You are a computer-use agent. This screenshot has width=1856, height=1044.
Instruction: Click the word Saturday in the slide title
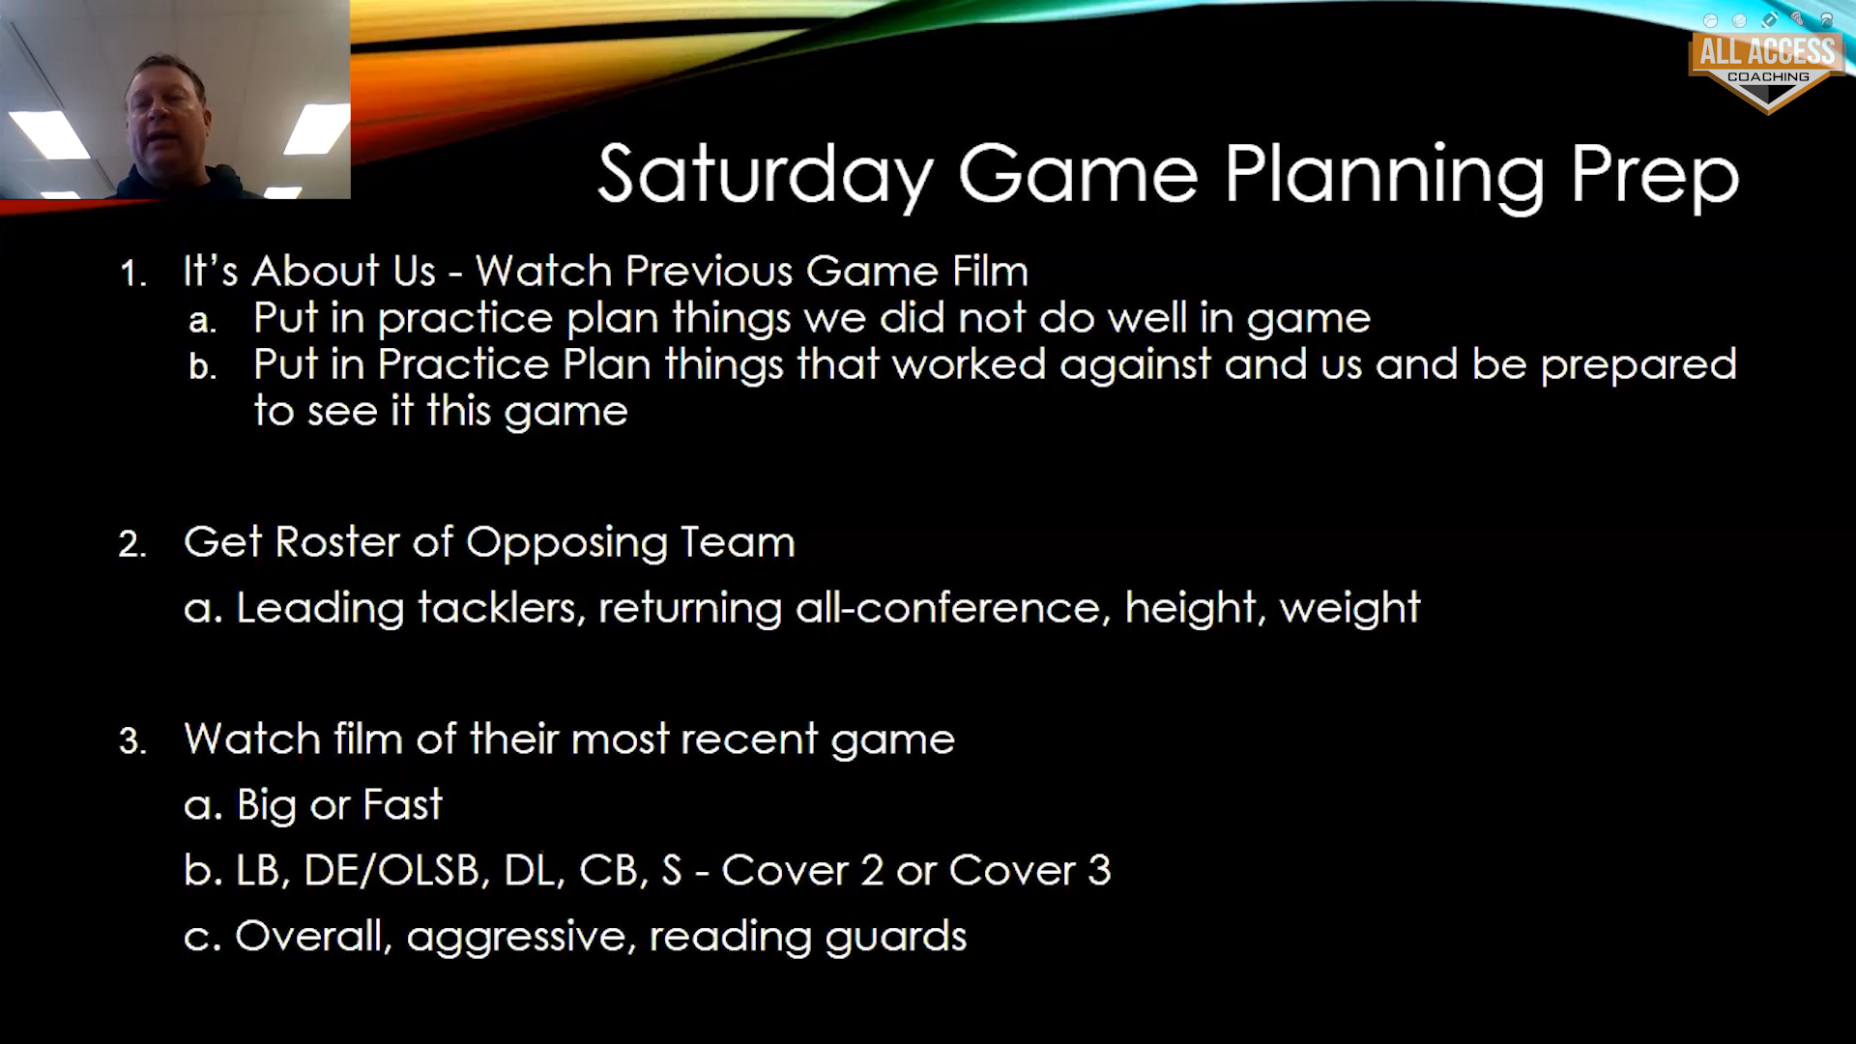coord(765,175)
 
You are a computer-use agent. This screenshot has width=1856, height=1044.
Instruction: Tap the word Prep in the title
coord(1653,175)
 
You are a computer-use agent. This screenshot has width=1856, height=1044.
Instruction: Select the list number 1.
coord(132,274)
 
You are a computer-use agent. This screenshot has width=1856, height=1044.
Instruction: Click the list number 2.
coord(132,544)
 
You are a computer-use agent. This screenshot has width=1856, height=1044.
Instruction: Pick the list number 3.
coord(132,741)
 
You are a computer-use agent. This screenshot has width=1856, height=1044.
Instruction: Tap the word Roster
coord(338,542)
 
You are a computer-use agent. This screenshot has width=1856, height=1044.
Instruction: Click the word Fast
coord(402,804)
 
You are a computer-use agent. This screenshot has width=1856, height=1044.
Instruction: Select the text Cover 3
coord(1029,871)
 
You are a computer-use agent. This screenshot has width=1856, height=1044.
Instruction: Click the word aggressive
coord(516,938)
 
